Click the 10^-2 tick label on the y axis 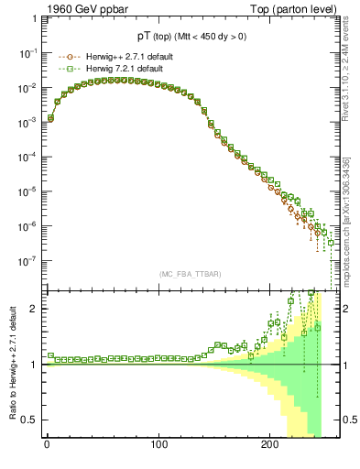coord(28,88)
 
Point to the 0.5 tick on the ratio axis coord(29,420)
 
